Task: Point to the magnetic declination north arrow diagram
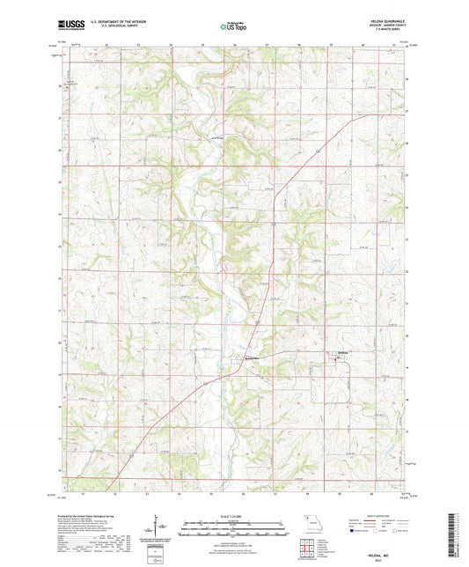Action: tap(158, 530)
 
